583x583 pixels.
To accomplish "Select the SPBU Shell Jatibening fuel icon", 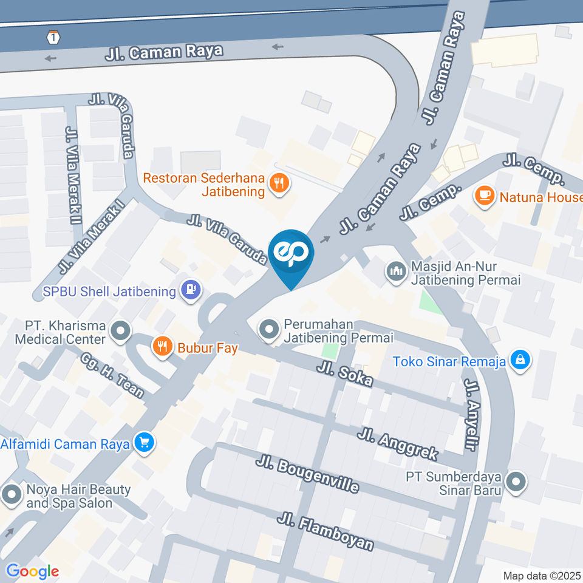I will pyautogui.click(x=191, y=290).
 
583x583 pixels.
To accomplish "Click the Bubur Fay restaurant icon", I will pyautogui.click(x=162, y=347).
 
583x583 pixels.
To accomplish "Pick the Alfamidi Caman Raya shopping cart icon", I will pyautogui.click(x=144, y=443).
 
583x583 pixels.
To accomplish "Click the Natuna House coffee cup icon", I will pyautogui.click(x=484, y=196).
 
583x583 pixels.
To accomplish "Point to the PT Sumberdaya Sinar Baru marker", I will pyautogui.click(x=516, y=482).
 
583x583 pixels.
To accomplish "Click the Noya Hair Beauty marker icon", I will pyautogui.click(x=12, y=494).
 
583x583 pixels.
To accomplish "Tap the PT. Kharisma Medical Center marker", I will pyautogui.click(x=121, y=332).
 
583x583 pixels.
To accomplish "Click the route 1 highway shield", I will pyautogui.click(x=55, y=38).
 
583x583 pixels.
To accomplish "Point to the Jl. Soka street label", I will pyautogui.click(x=344, y=373).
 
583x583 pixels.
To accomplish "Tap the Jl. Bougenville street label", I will pyautogui.click(x=307, y=474).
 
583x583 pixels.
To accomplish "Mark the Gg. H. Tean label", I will pyautogui.click(x=112, y=376).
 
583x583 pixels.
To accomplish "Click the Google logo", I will pyautogui.click(x=32, y=571).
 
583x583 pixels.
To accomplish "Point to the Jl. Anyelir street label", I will pyautogui.click(x=471, y=415).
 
